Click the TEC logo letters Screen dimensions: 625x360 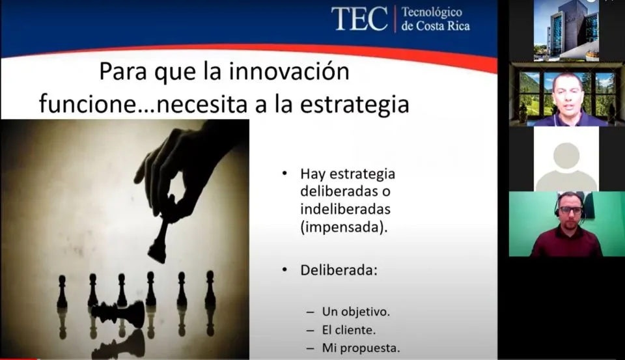pyautogui.click(x=359, y=19)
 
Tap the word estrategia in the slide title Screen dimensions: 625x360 pyautogui.click(x=354, y=104)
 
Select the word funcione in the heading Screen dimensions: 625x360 pyautogui.click(x=88, y=104)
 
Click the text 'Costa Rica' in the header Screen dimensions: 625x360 pyautogui.click(x=443, y=26)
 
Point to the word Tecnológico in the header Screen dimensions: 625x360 pyautogui.click(x=432, y=12)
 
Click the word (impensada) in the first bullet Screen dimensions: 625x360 pyautogui.click(x=344, y=227)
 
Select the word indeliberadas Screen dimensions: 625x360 pyautogui.click(x=345, y=209)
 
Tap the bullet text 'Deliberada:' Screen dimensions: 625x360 pyautogui.click(x=339, y=270)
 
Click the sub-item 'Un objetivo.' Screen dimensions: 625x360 pyautogui.click(x=356, y=312)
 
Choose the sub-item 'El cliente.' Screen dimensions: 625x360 pyautogui.click(x=349, y=329)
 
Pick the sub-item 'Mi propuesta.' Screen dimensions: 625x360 pyautogui.click(x=361, y=348)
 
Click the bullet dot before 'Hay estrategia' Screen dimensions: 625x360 pyautogui.click(x=285, y=173)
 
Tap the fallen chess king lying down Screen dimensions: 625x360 pyautogui.click(x=118, y=312)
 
